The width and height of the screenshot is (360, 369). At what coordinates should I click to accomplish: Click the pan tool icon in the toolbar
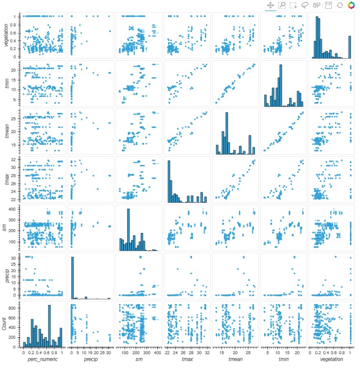point(270,5)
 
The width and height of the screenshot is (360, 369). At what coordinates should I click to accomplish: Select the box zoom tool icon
point(282,5)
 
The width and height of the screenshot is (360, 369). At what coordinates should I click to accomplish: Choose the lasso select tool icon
point(305,5)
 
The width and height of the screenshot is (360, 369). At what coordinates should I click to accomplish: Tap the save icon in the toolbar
point(328,5)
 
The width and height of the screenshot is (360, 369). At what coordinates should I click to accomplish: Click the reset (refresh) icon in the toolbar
point(339,5)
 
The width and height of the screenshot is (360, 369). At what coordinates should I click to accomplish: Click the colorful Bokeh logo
point(352,5)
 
